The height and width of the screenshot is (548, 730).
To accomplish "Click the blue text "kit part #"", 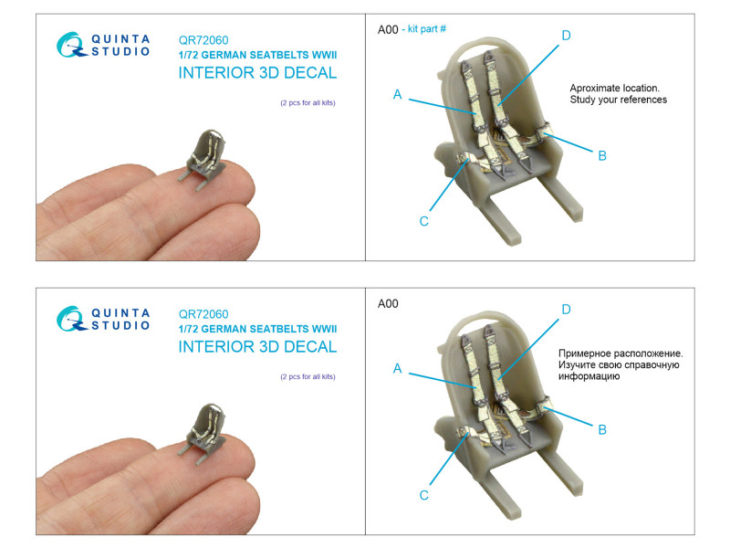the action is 427,29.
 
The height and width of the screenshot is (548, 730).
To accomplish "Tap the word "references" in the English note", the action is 645,100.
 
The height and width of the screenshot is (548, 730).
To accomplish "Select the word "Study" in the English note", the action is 580,100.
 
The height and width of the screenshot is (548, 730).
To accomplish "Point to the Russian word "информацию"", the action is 589,376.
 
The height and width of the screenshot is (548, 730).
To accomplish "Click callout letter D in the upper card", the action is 566,36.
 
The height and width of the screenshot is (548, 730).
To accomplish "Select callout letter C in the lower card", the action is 423,495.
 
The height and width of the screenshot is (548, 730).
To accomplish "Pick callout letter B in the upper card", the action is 602,155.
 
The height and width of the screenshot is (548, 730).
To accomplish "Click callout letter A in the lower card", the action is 397,369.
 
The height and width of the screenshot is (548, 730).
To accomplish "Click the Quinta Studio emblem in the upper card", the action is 71,45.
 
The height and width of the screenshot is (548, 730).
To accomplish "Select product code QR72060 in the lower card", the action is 203,314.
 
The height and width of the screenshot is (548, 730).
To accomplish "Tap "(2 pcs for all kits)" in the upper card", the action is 308,102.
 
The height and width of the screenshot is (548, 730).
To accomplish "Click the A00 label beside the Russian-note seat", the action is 388,304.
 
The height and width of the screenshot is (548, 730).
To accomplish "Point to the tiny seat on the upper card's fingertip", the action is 204,157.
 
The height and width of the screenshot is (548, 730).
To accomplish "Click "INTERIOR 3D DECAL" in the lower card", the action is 257,347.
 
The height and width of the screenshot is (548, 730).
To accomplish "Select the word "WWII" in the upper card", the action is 324,55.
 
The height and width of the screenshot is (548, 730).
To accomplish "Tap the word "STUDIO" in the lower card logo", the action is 120,325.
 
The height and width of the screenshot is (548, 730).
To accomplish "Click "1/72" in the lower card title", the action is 189,329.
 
